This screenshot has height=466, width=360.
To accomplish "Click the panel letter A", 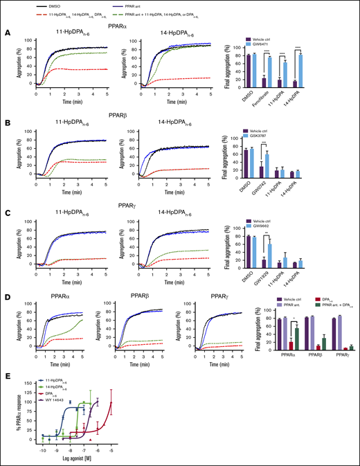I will coord(6,32).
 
